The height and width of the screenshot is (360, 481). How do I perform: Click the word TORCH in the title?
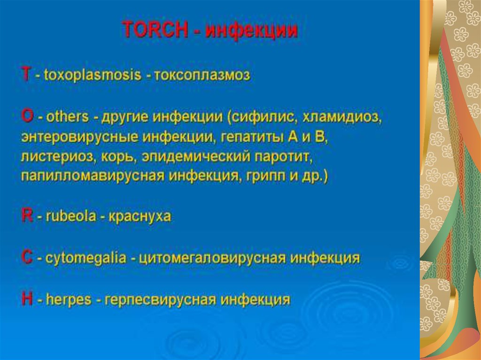point(155,30)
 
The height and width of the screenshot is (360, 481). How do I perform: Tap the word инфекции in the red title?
point(252,31)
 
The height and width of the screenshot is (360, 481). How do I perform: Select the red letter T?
point(26,74)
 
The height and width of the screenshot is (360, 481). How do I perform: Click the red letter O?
point(27,116)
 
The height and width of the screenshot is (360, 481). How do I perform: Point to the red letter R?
point(27,215)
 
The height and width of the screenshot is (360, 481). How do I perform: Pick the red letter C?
point(27,257)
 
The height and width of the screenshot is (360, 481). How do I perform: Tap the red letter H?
point(27,299)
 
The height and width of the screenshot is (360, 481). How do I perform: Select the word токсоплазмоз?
point(202,75)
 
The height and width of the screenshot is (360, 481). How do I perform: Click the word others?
point(67,116)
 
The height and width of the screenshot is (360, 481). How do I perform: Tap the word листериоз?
point(57,157)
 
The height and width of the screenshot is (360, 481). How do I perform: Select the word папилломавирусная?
point(93,176)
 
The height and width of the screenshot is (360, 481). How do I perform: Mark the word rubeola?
point(71,216)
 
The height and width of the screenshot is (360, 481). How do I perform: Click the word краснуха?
point(140,216)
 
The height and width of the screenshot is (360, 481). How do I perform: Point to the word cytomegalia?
point(85,258)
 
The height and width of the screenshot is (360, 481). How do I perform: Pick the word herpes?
point(69,299)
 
